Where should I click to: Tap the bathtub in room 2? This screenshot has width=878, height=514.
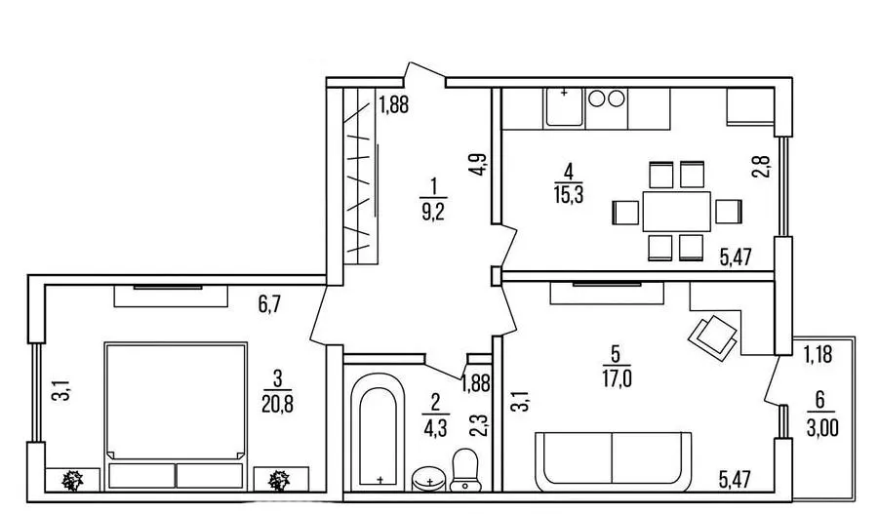(378, 432)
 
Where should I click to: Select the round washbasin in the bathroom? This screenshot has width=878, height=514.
(428, 479)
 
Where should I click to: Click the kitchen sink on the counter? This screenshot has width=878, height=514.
(564, 106)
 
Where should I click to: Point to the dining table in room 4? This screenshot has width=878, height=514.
(676, 211)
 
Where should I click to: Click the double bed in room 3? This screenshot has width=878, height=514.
(176, 415)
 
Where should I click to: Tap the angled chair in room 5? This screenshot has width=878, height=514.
(712, 337)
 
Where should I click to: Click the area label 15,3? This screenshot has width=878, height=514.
(569, 194)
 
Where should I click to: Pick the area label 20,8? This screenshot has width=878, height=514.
(277, 403)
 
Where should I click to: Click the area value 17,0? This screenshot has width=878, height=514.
(617, 379)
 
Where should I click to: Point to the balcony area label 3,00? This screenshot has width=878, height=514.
(822, 428)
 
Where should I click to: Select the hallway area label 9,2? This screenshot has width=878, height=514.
(433, 212)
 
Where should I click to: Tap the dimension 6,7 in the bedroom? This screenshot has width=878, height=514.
(269, 305)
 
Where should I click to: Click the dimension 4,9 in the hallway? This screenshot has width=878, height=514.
(479, 165)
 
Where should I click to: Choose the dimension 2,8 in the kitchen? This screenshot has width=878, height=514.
(761, 166)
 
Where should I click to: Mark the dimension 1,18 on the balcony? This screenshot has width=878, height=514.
(818, 354)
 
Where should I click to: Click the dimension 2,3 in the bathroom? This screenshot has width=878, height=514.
(478, 425)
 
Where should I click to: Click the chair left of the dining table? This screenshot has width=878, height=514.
(625, 213)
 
